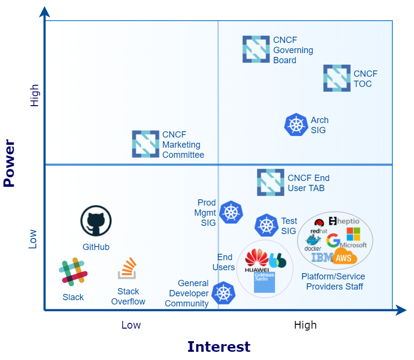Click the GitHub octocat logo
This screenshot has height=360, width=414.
(x=96, y=221)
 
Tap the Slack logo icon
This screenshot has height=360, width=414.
(x=73, y=271)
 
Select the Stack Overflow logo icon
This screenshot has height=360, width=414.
(x=128, y=269)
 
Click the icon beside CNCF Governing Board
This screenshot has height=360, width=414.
(x=256, y=49)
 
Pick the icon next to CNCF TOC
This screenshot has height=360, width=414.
(x=337, y=78)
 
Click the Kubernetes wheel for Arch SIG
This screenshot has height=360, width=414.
(x=296, y=125)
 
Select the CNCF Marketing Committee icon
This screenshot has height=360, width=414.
(x=145, y=144)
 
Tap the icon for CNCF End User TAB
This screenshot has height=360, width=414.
(x=271, y=182)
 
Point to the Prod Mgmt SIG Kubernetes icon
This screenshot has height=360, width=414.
(x=231, y=212)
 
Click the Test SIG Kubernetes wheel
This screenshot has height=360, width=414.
(x=266, y=225)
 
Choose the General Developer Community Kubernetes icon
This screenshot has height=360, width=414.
(x=223, y=293)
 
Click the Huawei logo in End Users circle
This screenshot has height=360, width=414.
(x=257, y=261)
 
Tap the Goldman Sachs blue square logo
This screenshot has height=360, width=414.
(x=264, y=282)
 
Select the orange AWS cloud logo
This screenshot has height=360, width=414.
(x=344, y=258)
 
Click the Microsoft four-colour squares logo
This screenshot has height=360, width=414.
(x=354, y=234)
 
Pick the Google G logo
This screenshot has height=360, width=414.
(x=333, y=240)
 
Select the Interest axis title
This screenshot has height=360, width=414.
(x=218, y=346)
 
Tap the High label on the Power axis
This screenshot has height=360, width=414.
(x=34, y=96)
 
